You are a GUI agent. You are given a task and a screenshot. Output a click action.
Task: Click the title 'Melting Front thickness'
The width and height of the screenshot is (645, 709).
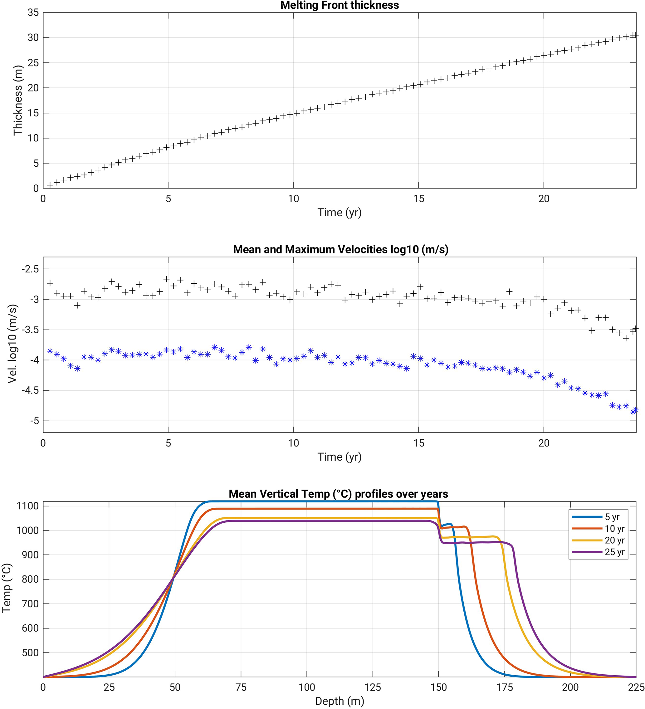pos(340,5)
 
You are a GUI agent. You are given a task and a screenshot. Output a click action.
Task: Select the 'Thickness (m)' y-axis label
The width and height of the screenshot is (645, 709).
pos(17,100)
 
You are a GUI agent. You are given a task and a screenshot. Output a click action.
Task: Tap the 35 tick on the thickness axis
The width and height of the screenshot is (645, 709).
pos(33,13)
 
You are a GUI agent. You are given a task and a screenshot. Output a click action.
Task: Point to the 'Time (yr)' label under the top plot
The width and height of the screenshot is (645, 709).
pos(340,213)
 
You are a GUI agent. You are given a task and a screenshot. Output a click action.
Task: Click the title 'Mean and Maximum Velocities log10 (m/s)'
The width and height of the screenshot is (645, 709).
pos(340,249)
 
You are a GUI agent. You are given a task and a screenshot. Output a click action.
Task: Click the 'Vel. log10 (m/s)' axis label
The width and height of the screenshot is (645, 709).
pos(13,344)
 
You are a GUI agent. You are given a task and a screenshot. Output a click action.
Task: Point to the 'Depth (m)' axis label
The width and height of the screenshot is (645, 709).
pos(340,701)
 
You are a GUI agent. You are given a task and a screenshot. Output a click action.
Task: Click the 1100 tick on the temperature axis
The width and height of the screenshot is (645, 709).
pos(27,506)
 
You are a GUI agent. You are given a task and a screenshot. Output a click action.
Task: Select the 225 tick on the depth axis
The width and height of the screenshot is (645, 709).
pos(636,687)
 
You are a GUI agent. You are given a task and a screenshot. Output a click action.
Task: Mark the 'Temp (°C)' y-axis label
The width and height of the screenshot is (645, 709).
pos(7,588)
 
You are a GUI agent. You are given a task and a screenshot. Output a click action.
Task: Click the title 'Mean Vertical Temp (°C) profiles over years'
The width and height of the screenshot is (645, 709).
pos(338,494)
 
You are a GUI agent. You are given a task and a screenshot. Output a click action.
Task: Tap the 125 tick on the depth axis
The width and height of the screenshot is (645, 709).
pos(373,687)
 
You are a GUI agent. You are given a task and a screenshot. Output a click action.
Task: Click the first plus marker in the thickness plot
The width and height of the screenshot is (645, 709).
pos(50,185)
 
